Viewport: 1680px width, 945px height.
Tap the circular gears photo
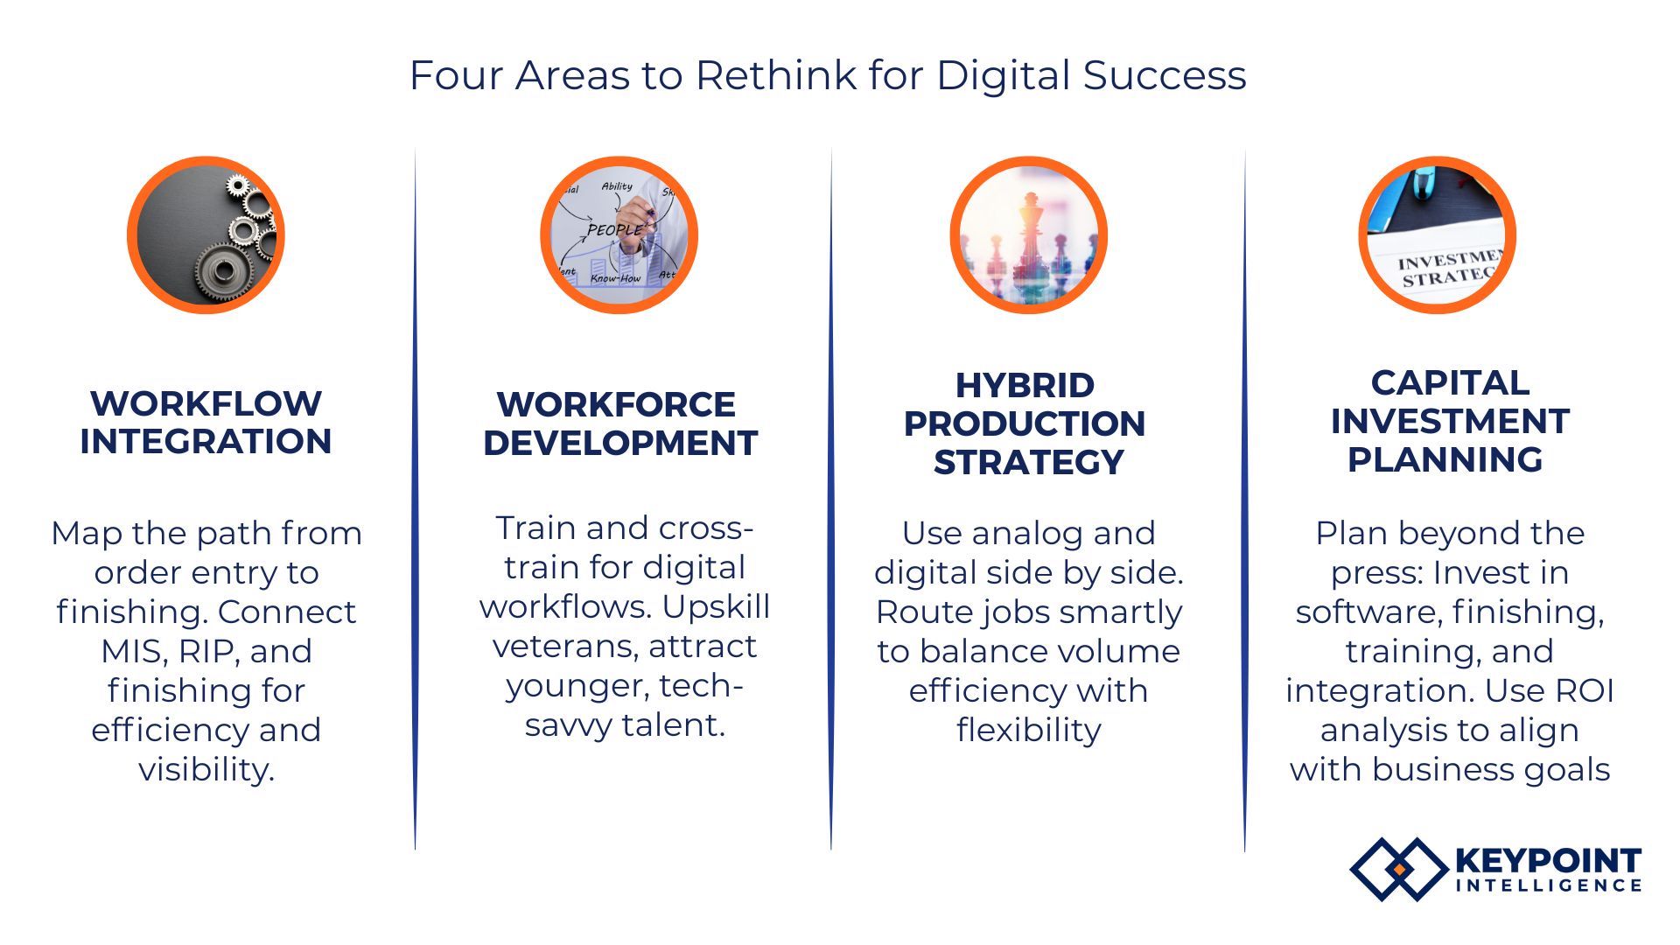[206, 234]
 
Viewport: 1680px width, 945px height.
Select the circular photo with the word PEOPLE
[619, 234]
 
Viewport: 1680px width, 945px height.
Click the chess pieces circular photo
[1029, 234]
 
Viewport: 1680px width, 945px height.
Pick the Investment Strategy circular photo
[1438, 234]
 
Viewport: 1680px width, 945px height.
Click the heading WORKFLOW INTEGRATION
[206, 422]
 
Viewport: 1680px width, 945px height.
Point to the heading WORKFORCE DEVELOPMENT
[619, 423]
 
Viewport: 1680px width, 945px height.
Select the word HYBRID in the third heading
[1025, 385]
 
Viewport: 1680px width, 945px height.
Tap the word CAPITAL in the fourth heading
[1450, 382]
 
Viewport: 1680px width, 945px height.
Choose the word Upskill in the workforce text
[716, 607]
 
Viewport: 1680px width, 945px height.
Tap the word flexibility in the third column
[1029, 730]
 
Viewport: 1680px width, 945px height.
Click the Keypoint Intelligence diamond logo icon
[1398, 869]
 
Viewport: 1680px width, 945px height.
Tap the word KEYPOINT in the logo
[1549, 861]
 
